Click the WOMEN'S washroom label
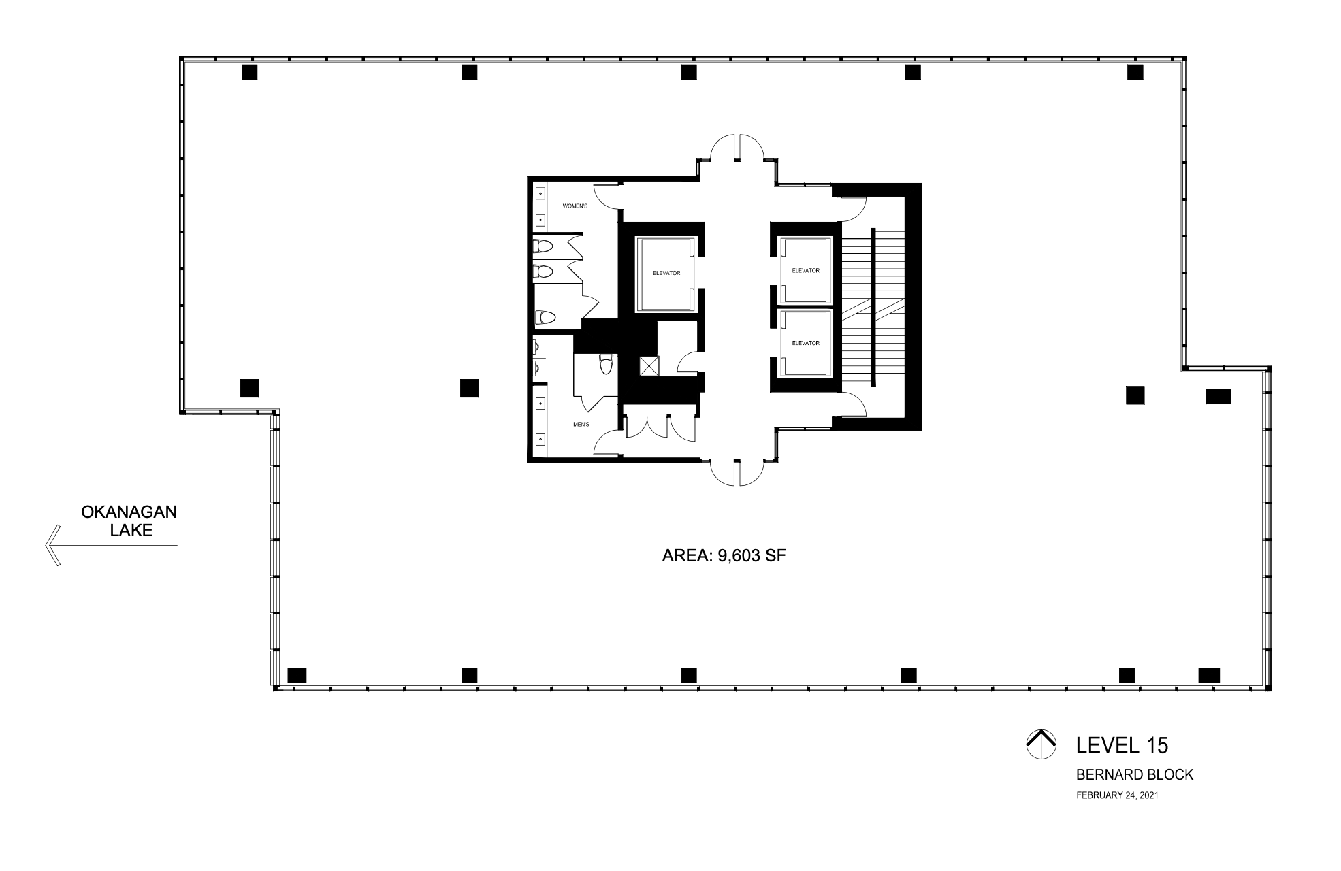pos(575,206)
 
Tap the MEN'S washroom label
pos(581,425)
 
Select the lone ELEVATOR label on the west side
pos(666,273)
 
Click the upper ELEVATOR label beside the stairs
pos(805,270)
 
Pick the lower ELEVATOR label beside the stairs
pos(805,343)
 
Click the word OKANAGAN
pos(129,512)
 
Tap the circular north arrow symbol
pos(1040,744)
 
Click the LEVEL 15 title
pos(1122,745)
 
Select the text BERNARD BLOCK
pos(1134,774)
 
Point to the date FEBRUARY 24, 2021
pos(1117,795)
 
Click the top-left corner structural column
pos(249,72)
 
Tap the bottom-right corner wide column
pos(1208,675)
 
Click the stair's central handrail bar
pos(873,308)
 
